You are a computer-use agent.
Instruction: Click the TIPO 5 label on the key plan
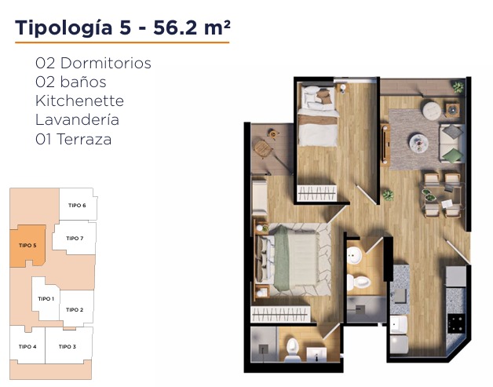[27, 245]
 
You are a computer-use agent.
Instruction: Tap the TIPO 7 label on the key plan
[75, 239]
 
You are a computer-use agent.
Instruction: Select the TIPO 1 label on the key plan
[46, 298]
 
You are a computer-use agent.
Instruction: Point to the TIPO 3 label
[68, 346]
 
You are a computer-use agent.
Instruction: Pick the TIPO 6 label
[77, 206]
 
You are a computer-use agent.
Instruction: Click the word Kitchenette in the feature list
[79, 101]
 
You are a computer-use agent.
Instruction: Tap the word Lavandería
[78, 120]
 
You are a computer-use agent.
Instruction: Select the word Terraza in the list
[84, 139]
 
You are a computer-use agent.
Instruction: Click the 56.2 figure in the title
[175, 27]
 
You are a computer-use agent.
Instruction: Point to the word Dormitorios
[106, 63]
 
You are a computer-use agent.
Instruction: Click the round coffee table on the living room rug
[418, 143]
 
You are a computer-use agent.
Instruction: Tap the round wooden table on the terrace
[262, 148]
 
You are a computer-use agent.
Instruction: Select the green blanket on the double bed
[281, 258]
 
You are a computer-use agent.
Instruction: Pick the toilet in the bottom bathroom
[292, 349]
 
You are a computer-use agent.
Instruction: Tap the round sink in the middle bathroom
[354, 255]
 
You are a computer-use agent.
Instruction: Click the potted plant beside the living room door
[389, 195]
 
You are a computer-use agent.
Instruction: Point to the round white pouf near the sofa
[432, 110]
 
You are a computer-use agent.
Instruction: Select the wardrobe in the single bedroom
[317, 192]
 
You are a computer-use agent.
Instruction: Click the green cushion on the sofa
[453, 156]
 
